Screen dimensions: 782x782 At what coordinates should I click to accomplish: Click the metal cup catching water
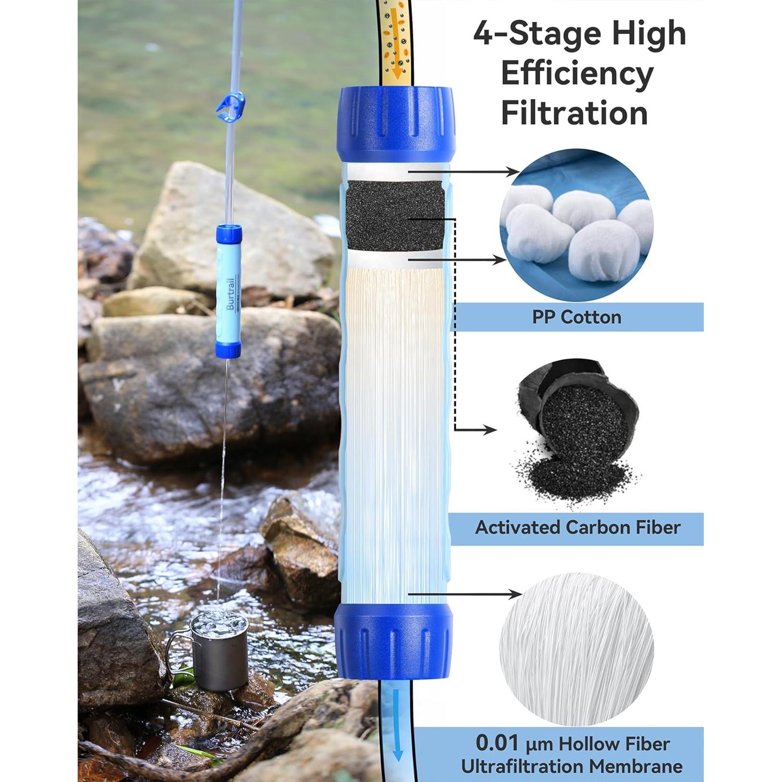219,652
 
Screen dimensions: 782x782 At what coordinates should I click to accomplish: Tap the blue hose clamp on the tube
229,104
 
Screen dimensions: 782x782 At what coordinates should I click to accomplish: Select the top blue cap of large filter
396,124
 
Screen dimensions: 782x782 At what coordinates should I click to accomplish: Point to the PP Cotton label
577,317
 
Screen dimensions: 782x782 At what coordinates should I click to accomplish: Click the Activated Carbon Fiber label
578,528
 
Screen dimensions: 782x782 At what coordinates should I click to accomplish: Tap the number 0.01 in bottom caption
497,743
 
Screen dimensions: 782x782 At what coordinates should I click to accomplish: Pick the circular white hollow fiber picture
577,649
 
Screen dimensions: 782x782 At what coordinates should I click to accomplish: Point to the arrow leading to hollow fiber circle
469,594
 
